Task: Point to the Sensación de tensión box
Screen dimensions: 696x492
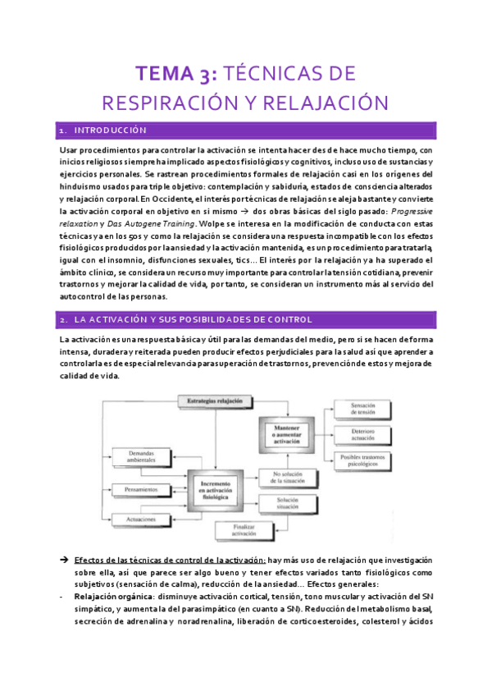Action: click(362, 409)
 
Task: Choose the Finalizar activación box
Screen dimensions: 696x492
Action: click(245, 529)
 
